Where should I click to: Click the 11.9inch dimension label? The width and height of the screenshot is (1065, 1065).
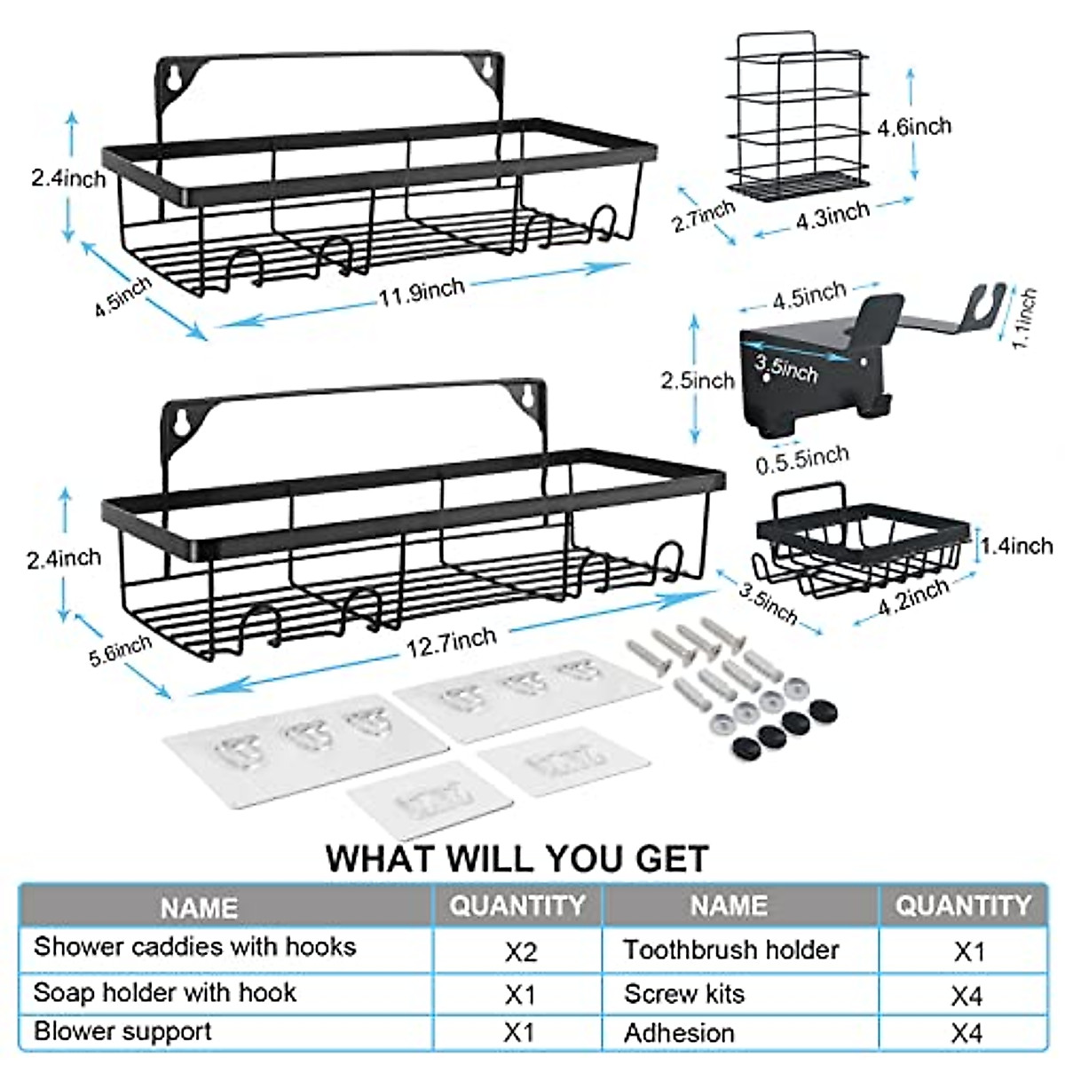(422, 290)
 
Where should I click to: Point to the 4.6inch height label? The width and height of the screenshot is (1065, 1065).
(913, 126)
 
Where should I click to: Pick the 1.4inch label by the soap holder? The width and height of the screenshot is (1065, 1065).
(1016, 546)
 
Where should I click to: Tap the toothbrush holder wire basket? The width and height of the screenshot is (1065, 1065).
(797, 115)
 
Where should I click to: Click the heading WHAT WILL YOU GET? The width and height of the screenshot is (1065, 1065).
(517, 858)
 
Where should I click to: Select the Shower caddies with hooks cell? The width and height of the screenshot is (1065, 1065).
(194, 947)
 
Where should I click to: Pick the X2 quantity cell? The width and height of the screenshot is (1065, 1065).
(521, 952)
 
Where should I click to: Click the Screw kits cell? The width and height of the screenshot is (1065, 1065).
(684, 994)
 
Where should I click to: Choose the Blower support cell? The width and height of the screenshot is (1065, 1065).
(122, 1032)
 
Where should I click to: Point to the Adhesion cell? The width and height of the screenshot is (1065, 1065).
(679, 1034)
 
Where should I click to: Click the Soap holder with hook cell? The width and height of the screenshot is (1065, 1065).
(164, 991)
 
